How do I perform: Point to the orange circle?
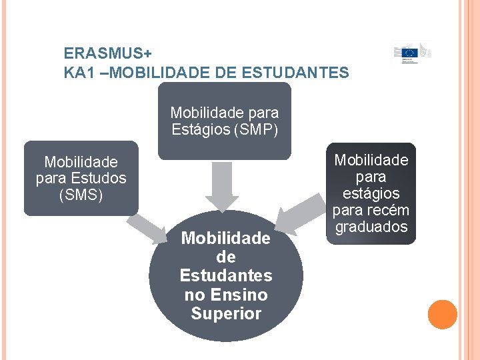coord(442,315)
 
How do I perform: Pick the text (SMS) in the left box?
coord(81,195)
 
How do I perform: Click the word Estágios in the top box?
coord(199,129)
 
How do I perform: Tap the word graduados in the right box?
coord(371,227)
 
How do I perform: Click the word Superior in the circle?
coord(226,313)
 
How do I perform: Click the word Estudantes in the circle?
coord(226,275)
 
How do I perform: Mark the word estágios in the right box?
coord(371,193)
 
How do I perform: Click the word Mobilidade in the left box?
coord(81,162)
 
